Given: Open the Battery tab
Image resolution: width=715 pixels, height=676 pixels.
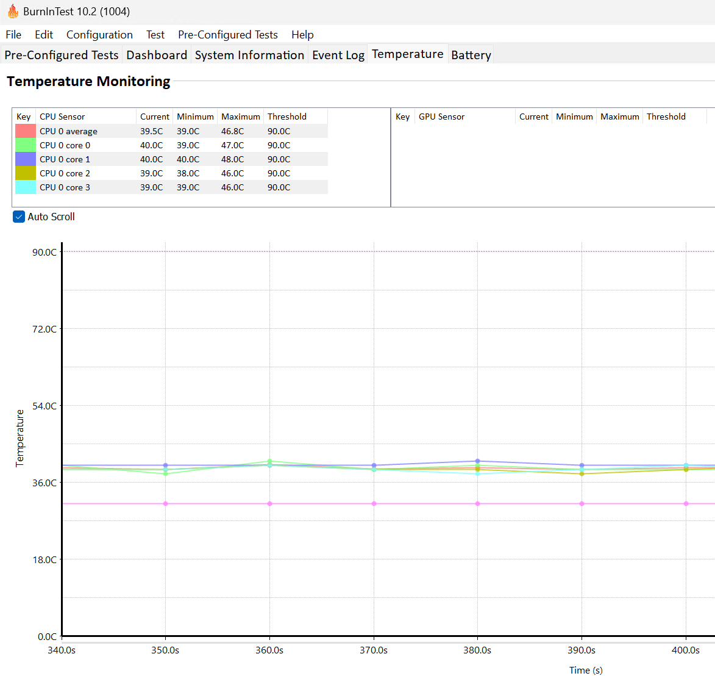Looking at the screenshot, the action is (471, 55).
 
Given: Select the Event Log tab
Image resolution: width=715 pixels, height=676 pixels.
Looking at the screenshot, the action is (338, 55).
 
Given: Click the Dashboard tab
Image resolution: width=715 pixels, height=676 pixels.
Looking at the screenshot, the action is (157, 55).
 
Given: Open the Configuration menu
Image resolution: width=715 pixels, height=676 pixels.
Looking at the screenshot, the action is (99, 35).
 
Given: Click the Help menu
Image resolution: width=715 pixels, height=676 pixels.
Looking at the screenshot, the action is (302, 35).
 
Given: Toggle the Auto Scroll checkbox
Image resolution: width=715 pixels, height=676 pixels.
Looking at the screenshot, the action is (19, 217).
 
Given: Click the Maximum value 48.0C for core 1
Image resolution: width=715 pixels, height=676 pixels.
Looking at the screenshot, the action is (233, 159).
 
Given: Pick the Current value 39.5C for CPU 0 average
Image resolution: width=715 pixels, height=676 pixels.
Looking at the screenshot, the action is (151, 131).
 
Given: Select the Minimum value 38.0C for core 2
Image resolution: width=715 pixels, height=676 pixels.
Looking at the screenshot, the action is (188, 173).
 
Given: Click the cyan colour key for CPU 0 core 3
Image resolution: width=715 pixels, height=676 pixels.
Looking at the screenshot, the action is (26, 187).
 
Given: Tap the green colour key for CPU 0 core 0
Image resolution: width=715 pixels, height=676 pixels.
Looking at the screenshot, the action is (26, 145).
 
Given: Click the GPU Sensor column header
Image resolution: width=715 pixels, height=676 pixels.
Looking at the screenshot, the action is (441, 117).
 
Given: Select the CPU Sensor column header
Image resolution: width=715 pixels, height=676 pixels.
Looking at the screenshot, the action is (62, 117).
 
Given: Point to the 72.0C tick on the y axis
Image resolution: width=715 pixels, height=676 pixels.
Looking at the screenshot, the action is (44, 329).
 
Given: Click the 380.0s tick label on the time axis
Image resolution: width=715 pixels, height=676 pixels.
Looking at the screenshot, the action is (477, 650).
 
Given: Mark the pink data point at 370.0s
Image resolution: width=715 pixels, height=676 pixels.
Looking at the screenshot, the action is (374, 504).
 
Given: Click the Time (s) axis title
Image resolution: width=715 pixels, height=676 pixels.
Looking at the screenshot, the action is (586, 670).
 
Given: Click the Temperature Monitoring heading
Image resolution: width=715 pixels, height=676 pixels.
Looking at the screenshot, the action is (88, 81).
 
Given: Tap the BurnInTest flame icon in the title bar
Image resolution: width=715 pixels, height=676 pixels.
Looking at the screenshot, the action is (13, 11).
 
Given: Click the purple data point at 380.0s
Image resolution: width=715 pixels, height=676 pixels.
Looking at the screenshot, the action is (477, 461).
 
